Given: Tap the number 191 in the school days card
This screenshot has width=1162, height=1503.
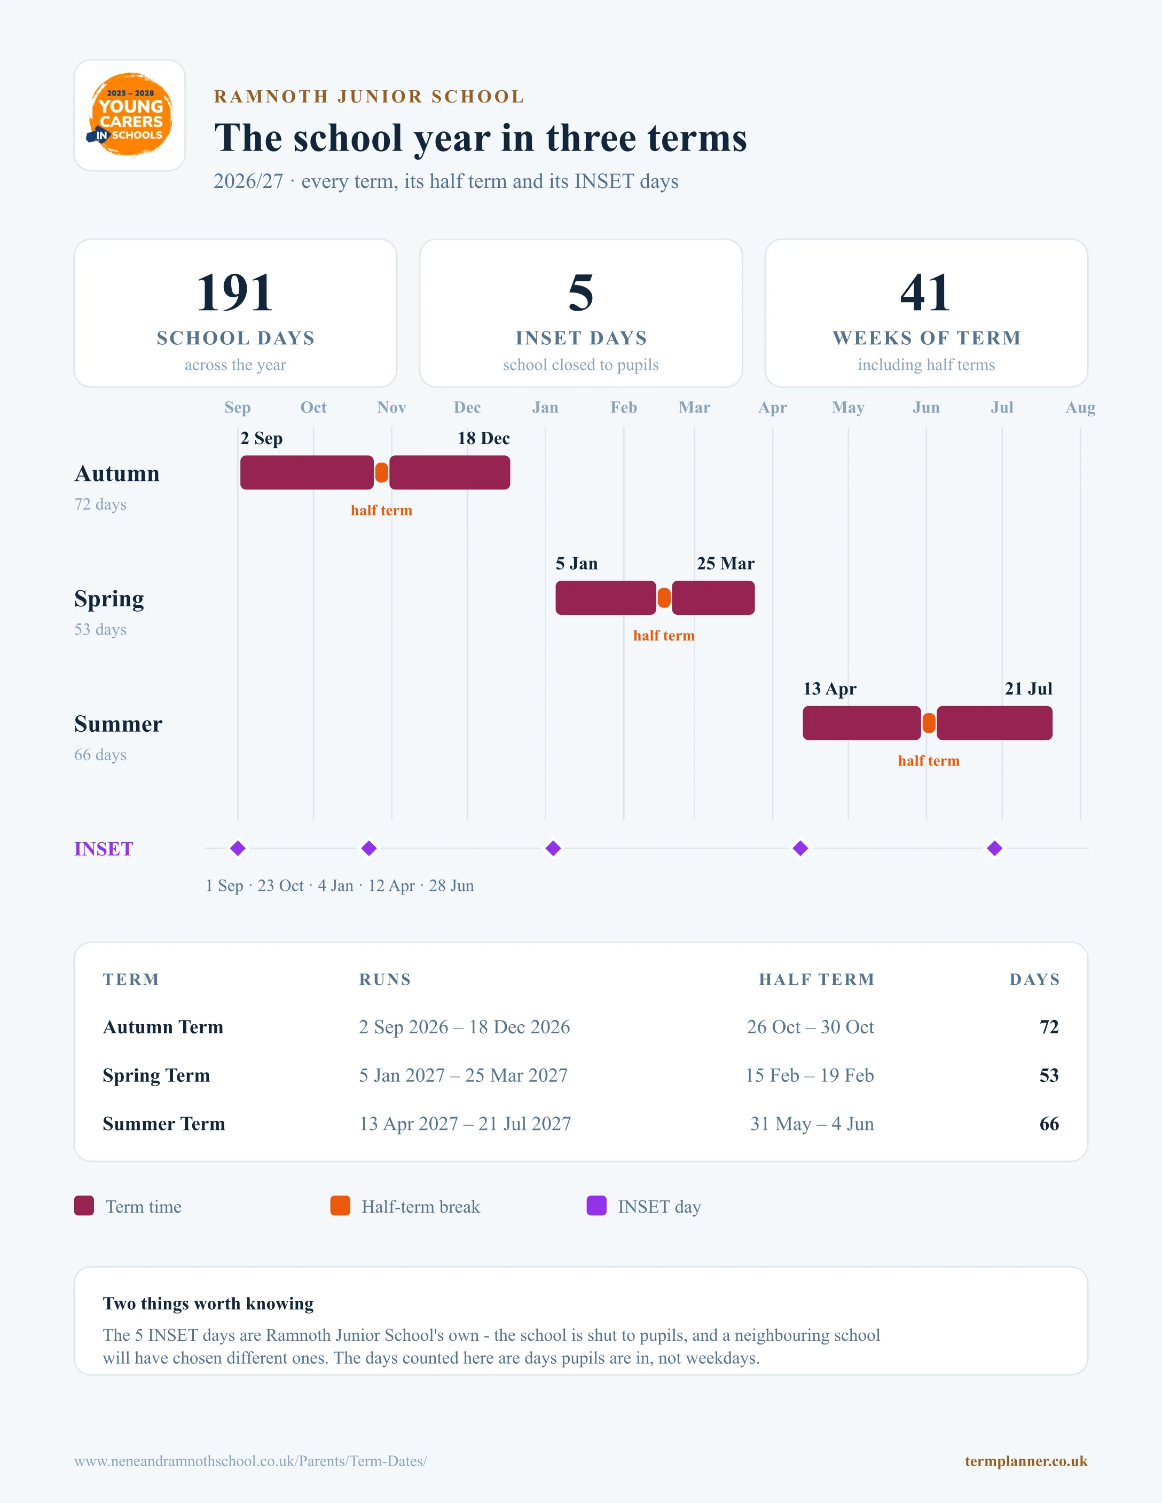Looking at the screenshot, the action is click(x=235, y=292).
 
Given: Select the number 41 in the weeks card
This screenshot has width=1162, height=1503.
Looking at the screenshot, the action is click(x=926, y=292).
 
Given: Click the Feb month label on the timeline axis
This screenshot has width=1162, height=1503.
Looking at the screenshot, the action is click(x=624, y=407).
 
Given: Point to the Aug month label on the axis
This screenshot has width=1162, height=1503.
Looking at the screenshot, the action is click(x=1080, y=407).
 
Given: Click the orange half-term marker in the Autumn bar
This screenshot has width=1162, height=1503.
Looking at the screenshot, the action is click(x=381, y=473).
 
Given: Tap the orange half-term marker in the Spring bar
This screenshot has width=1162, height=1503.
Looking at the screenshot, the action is click(x=664, y=598).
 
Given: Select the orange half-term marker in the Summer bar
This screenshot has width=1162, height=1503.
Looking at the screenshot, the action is click(x=929, y=723).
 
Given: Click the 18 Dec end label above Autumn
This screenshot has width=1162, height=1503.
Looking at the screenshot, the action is click(x=483, y=438).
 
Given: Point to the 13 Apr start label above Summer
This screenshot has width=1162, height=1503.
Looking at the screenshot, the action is click(x=829, y=689).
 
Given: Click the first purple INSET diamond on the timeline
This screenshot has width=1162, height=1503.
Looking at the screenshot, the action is click(x=238, y=849).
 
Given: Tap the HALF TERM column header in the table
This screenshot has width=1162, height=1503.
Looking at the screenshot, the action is click(x=816, y=979).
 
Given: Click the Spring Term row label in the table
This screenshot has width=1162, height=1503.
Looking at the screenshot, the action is click(x=156, y=1075).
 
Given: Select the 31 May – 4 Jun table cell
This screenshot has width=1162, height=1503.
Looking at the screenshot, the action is click(x=812, y=1124).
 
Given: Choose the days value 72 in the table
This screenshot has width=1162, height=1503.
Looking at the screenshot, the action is click(x=1049, y=1027).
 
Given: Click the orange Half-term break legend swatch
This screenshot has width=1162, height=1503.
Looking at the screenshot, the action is click(x=340, y=1206).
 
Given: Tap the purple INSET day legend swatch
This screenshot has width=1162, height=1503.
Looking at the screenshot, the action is click(x=596, y=1206).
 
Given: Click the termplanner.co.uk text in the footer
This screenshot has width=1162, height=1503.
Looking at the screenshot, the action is click(x=1026, y=1461).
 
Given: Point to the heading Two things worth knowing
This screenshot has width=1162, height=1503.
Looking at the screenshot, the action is click(x=208, y=1303).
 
